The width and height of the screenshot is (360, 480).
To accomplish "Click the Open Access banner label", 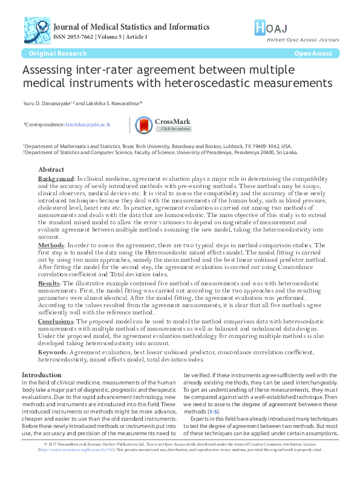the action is (x=313, y=54).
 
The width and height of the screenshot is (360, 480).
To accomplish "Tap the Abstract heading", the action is (x=51, y=170).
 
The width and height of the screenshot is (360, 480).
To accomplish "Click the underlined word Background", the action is (x=55, y=180).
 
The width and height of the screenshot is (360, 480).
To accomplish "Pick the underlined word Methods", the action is (x=50, y=245).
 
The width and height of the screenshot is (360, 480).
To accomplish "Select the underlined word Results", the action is (x=49, y=283).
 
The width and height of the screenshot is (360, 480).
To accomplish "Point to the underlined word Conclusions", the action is (x=56, y=322).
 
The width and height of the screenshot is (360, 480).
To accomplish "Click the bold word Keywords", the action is (x=53, y=352).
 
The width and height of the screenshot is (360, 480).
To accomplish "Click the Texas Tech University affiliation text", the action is (x=144, y=146).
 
